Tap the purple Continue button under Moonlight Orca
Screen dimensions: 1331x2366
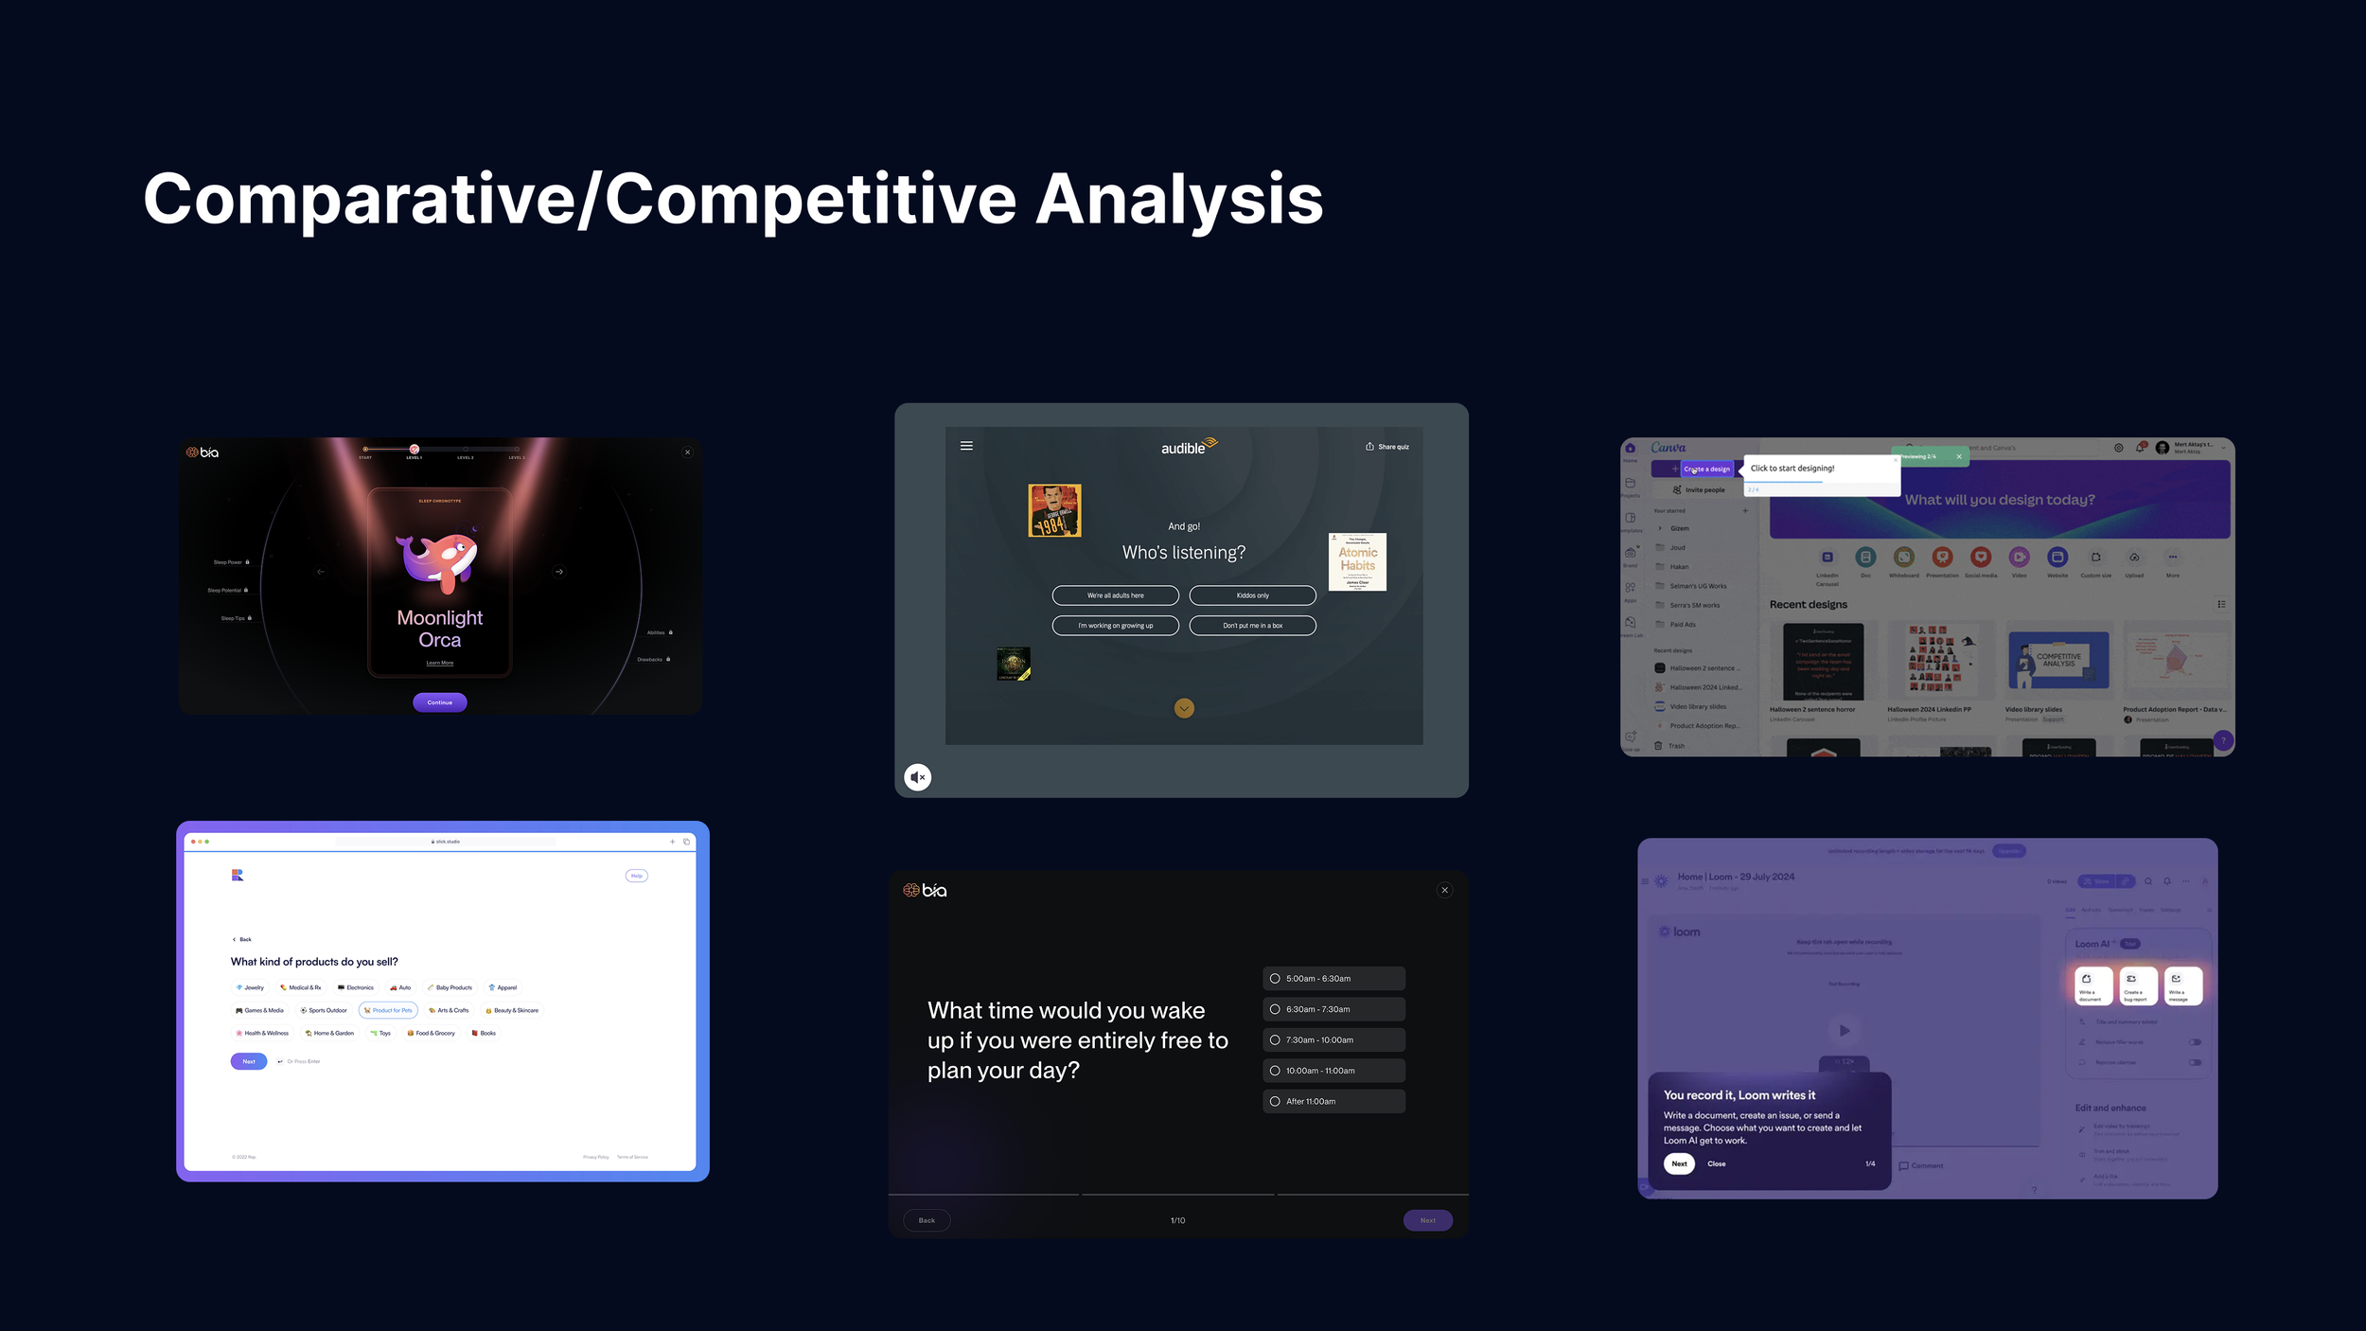pos(439,702)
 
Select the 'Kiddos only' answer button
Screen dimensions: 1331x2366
pos(1252,595)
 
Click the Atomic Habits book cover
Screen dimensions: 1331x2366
pos(1357,561)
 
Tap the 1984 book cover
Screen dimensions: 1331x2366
pos(1054,510)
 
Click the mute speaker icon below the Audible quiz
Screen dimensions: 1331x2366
pos(917,777)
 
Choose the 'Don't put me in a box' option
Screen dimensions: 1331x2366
pos(1252,626)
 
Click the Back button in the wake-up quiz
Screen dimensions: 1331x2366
pos(927,1220)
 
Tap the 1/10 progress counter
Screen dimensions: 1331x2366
pos(1177,1220)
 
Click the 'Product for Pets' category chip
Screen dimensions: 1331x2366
pos(388,1010)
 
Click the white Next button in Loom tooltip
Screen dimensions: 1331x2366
pos(1679,1163)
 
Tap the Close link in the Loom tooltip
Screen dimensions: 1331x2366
pos(1716,1163)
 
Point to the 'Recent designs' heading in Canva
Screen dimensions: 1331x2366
pos(1808,604)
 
